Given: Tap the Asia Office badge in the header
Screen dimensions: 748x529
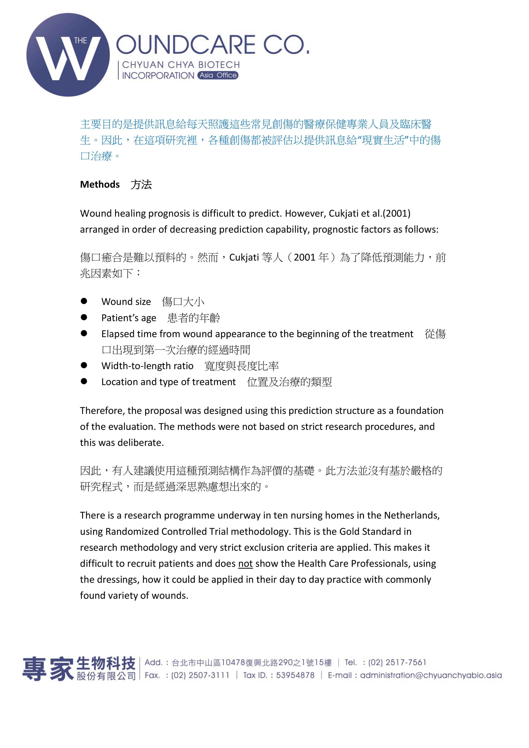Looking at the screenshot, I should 218,75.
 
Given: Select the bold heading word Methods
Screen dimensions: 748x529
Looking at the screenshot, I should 100,184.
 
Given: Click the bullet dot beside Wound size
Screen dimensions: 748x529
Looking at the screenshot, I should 84,301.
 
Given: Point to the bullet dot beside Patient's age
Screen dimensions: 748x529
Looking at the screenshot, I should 84,317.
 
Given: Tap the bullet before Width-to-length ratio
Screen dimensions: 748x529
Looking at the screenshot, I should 84,365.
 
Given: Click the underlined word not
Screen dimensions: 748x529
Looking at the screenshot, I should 245,563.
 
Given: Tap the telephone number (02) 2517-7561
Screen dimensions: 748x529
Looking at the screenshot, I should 397,662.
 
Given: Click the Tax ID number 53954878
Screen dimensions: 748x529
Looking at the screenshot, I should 295,675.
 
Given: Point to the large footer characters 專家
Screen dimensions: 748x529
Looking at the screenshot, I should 48,668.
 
